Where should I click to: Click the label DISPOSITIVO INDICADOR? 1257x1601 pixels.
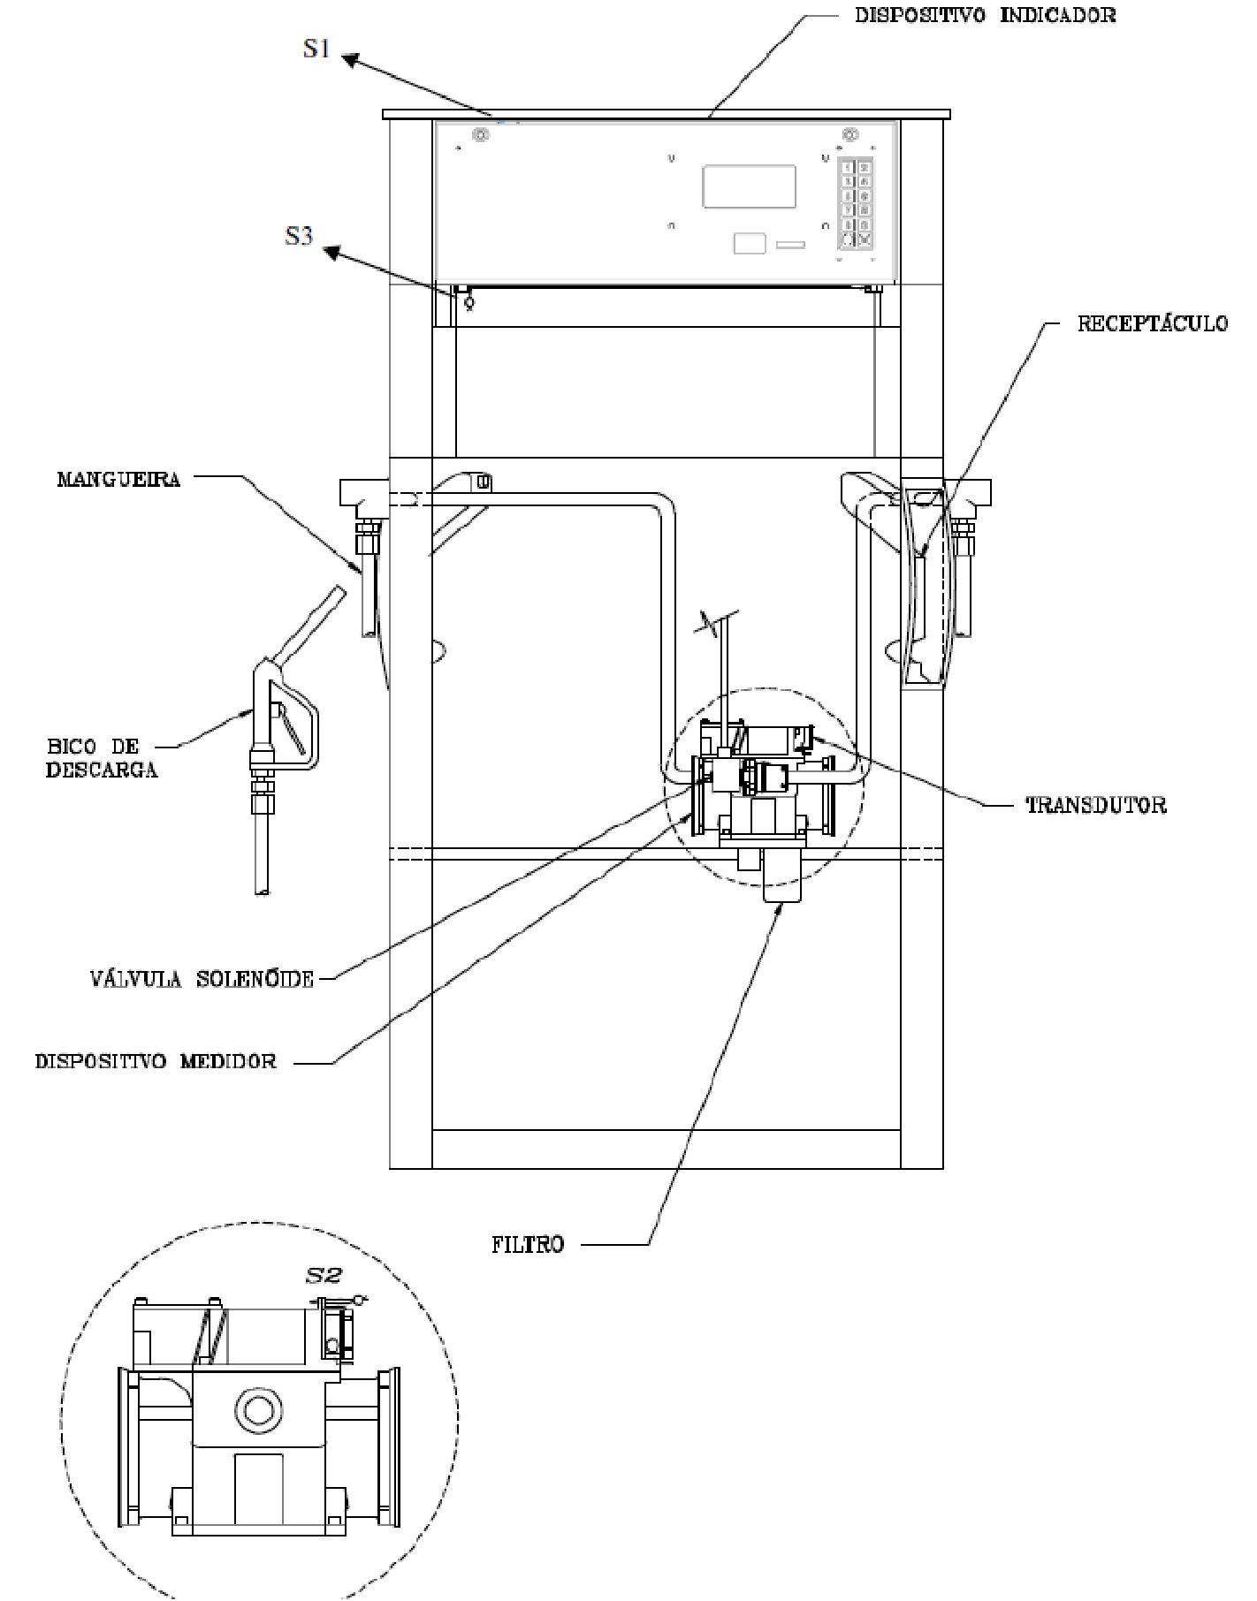(x=985, y=15)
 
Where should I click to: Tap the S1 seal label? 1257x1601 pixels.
(x=316, y=49)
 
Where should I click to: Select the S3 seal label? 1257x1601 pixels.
(x=299, y=236)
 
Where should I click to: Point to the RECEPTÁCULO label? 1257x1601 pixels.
(x=1152, y=323)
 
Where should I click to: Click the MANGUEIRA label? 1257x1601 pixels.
(x=118, y=479)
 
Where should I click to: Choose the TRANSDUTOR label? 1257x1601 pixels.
(x=1095, y=805)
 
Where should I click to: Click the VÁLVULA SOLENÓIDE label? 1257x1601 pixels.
(x=202, y=979)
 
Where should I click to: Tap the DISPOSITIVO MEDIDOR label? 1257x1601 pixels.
(x=156, y=1061)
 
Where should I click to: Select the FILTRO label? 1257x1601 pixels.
(x=528, y=1245)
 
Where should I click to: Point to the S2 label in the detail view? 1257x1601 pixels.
(x=323, y=1275)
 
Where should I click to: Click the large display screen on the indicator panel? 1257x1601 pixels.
(x=749, y=186)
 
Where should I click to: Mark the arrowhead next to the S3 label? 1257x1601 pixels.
(x=331, y=254)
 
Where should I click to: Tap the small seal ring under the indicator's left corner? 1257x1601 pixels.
(x=469, y=301)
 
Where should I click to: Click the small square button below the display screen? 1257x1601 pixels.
(x=749, y=243)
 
